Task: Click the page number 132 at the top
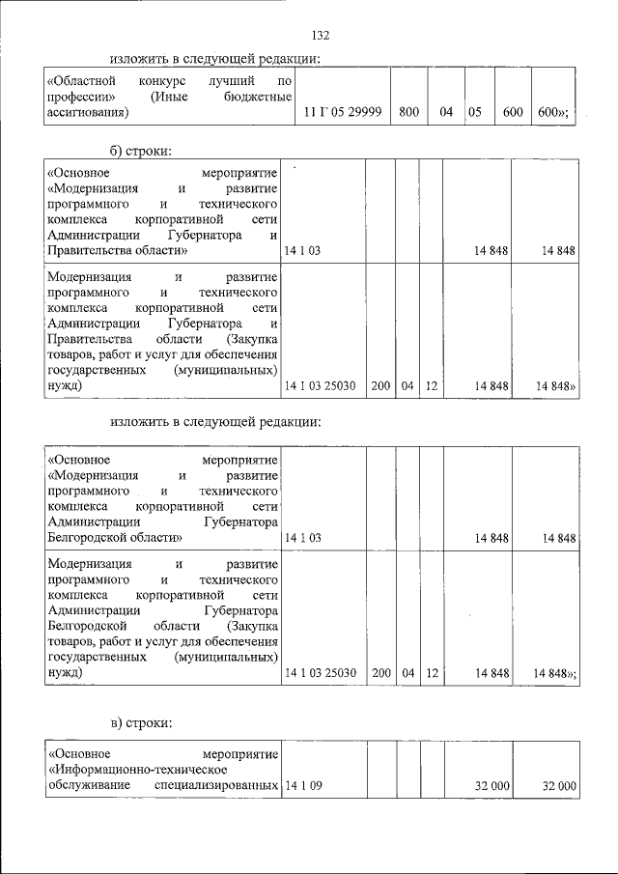point(322,36)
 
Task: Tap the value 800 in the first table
point(408,113)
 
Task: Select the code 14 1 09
point(303,787)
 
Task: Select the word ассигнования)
point(87,113)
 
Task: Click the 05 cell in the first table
point(475,113)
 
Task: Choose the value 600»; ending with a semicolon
point(553,113)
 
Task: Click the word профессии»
point(82,98)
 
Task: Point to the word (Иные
point(170,98)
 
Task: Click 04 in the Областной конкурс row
point(446,113)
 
